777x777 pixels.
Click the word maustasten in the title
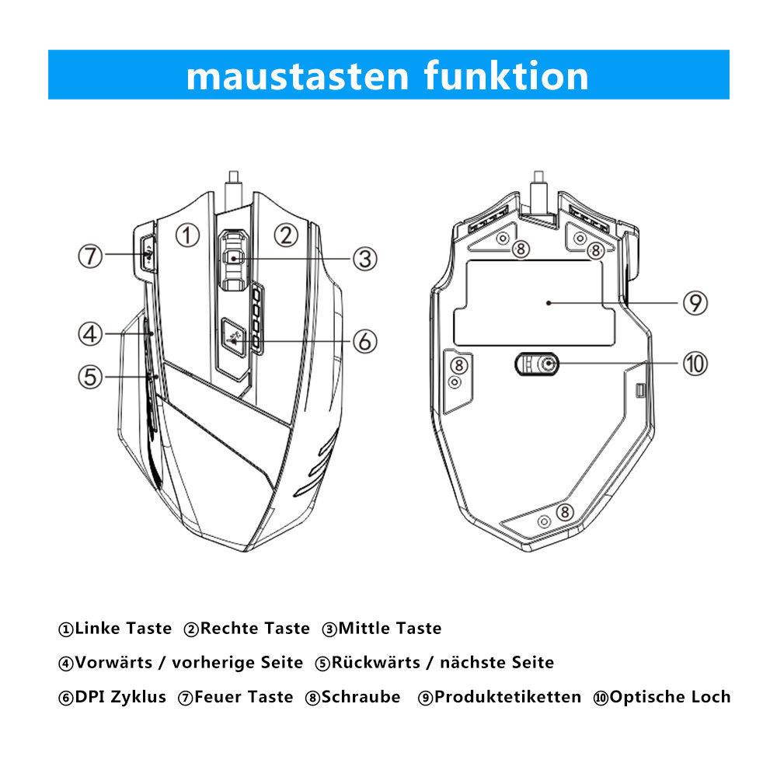[x=299, y=75]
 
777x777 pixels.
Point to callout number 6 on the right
[x=364, y=340]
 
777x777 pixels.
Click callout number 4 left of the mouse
[x=91, y=334]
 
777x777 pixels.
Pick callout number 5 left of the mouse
[x=91, y=377]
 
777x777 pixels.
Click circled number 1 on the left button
[x=187, y=234]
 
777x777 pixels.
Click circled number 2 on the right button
[x=287, y=234]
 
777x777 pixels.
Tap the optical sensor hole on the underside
[x=549, y=363]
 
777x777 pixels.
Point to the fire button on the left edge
[x=148, y=253]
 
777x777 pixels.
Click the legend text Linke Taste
[x=122, y=628]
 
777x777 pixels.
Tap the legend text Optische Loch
[x=670, y=697]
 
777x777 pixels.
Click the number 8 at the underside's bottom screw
[x=565, y=513]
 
